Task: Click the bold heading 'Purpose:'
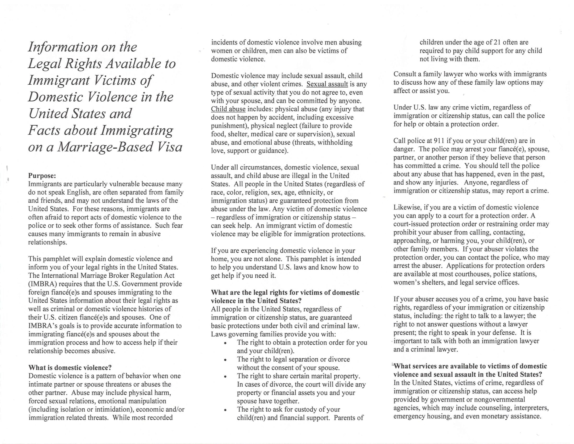pyautogui.click(x=42, y=176)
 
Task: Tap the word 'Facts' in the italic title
pyautogui.click(x=44, y=130)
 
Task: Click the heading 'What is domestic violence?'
pyautogui.click(x=70, y=367)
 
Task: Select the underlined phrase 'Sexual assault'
pyautogui.click(x=327, y=84)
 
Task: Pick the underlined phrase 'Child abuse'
pyautogui.click(x=228, y=109)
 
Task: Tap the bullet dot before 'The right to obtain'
pyautogui.click(x=225, y=343)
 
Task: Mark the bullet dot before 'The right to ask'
pyautogui.click(x=225, y=410)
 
